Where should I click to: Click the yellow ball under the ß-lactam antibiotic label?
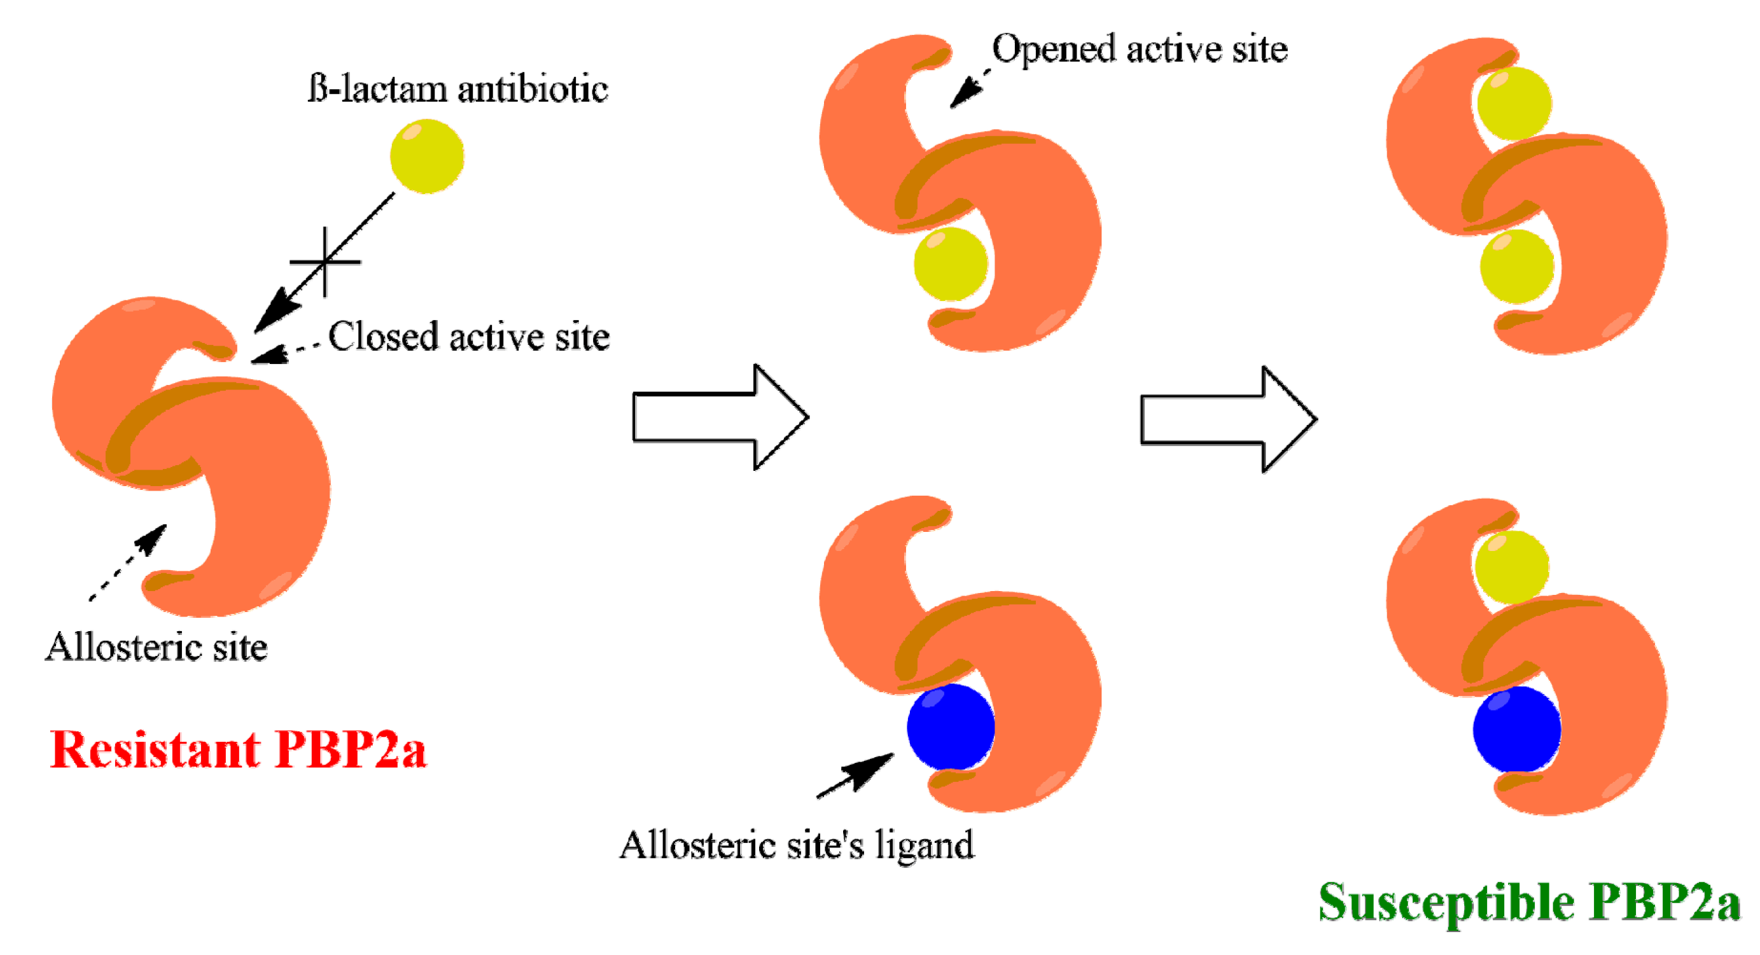point(427,157)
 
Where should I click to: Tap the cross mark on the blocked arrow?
point(325,261)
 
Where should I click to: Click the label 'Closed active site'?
point(469,337)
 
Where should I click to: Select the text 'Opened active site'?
point(1139,49)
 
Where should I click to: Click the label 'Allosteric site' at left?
point(157,647)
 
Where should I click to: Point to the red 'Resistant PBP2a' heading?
point(238,750)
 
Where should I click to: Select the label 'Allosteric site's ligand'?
point(797,846)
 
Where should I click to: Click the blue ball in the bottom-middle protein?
point(951,727)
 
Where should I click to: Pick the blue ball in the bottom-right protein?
point(1516,730)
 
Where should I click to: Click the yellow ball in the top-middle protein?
point(951,265)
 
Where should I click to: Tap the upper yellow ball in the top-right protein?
point(1514,103)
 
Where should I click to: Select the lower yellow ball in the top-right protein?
point(1517,267)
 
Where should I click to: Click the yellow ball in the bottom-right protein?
point(1511,567)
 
